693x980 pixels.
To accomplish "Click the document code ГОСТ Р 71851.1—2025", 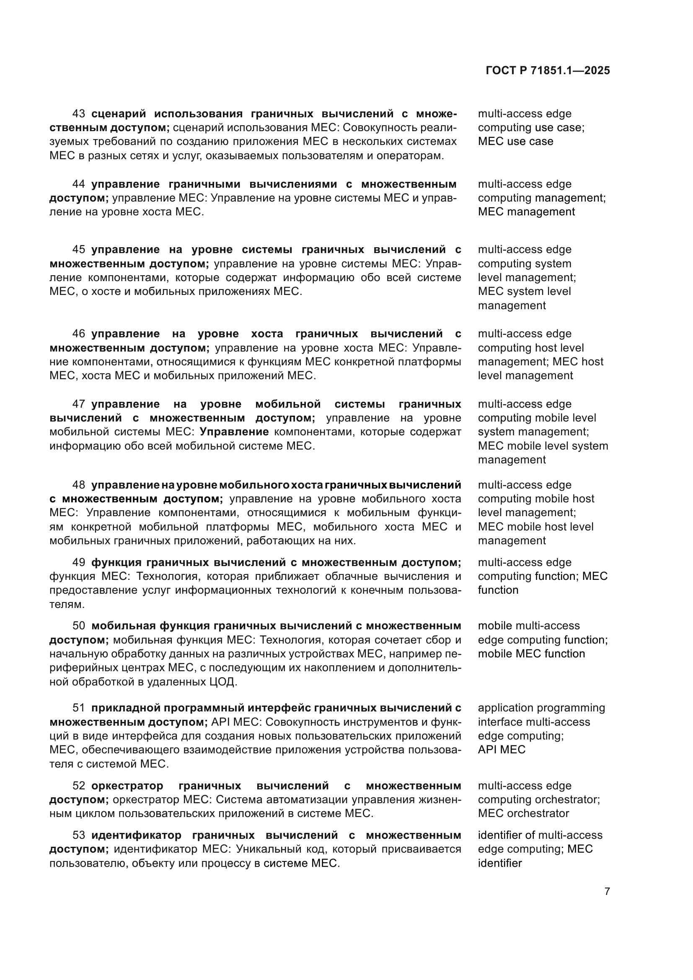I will [x=548, y=71].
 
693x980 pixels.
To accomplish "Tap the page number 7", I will [x=607, y=891].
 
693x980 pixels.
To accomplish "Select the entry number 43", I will [x=78, y=114].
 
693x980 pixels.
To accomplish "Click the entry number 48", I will [x=78, y=485].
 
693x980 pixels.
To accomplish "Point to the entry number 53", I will [x=78, y=835].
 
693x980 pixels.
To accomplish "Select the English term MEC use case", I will [x=515, y=141].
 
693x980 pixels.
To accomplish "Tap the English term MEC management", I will [x=526, y=212].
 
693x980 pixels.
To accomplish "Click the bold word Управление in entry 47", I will [x=234, y=432].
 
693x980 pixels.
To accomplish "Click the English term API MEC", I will [x=502, y=750].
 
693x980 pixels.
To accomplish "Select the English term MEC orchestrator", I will [x=523, y=813].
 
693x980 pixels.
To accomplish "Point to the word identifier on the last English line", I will [x=500, y=863].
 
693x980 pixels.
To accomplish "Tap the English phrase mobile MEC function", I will [x=531, y=654].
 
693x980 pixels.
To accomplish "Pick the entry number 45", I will [x=78, y=249].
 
